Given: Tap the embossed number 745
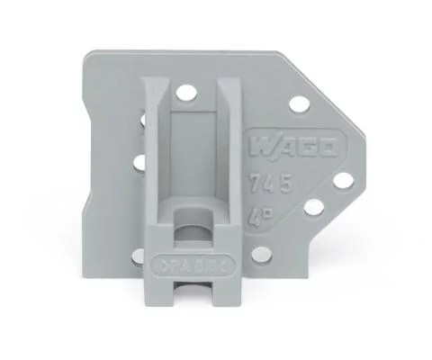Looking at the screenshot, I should coord(270,186).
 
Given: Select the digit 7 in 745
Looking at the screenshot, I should coord(255,186).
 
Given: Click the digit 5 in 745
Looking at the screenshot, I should coord(285,186).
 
